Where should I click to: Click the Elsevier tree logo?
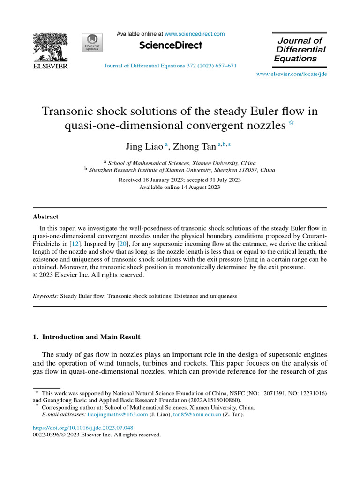pyautogui.click(x=50, y=48)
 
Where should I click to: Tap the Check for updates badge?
pyautogui.click(x=92, y=43)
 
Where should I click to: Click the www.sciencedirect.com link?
pyautogui.click(x=195, y=34)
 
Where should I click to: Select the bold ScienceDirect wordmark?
pyautogui.click(x=171, y=45)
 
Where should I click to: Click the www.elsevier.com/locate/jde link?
pyautogui.click(x=291, y=75)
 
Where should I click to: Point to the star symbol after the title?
pyautogui.click(x=291, y=123)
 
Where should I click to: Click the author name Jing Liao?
pyautogui.click(x=144, y=147)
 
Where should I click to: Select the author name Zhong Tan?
pyautogui.click(x=195, y=147)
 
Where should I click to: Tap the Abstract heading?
pyautogui.click(x=45, y=217)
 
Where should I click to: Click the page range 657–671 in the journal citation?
pyautogui.click(x=225, y=66)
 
